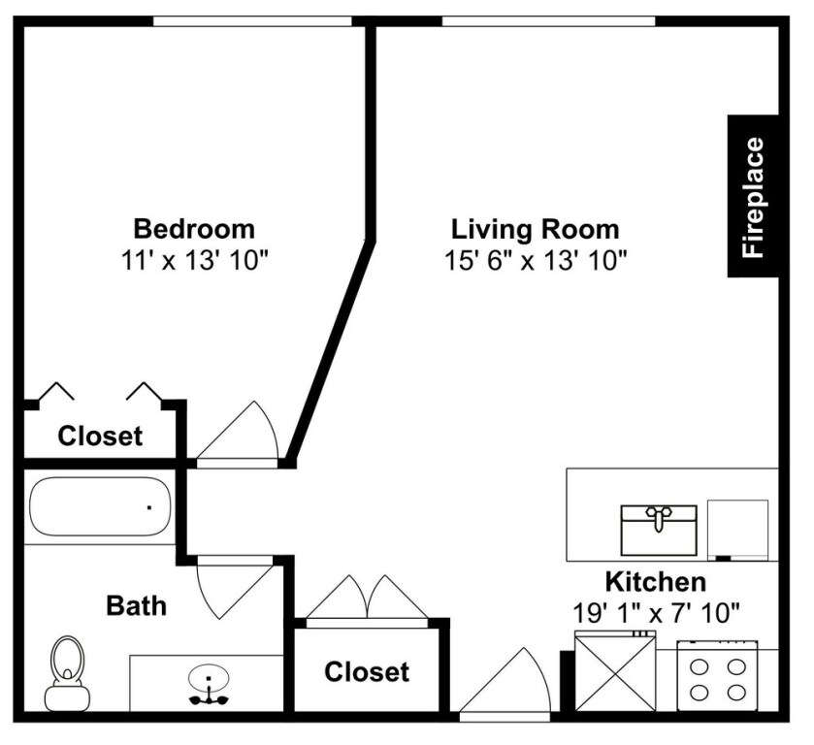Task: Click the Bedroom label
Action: click(194, 230)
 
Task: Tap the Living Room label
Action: click(535, 230)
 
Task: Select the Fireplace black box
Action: click(753, 197)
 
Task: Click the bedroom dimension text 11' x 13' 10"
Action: click(194, 260)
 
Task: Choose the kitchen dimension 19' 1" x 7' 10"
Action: click(657, 613)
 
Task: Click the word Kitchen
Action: click(655, 583)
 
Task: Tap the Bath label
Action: click(136, 606)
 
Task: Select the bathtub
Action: click(100, 507)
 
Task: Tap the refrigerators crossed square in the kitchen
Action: click(615, 672)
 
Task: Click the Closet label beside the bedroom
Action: click(100, 437)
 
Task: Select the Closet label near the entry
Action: click(367, 671)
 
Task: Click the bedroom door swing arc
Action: click(243, 434)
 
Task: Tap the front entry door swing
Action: click(505, 685)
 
